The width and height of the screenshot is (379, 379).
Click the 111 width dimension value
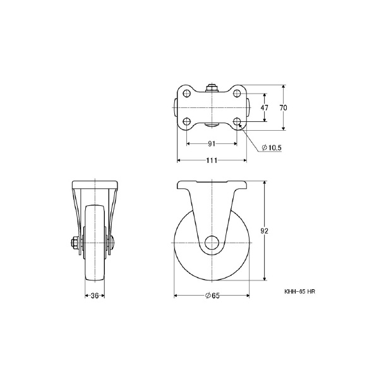(x=212, y=160)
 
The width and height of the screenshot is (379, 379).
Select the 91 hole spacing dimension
(x=212, y=144)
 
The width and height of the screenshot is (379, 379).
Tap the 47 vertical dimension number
(x=265, y=107)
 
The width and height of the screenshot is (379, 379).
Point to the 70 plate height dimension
(x=283, y=107)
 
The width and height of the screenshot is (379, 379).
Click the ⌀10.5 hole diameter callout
(x=272, y=147)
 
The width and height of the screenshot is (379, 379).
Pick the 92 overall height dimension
(x=265, y=231)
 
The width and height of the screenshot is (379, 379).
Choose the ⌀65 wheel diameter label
(x=212, y=296)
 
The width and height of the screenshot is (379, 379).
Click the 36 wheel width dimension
(x=95, y=296)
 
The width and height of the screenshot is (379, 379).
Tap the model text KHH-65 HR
(x=299, y=292)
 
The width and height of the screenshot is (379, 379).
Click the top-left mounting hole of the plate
(x=186, y=93)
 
